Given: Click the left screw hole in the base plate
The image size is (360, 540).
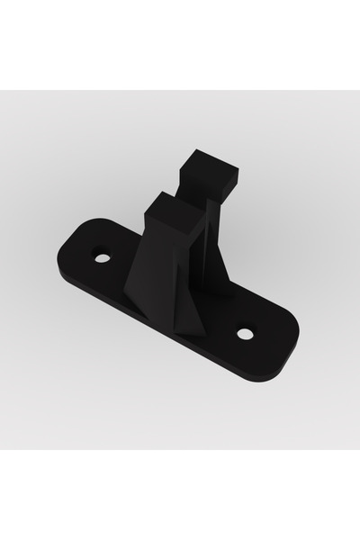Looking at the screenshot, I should click(103, 258).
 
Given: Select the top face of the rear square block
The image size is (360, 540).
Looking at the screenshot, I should click(209, 165).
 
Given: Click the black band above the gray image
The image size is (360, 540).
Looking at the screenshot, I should click(180, 45).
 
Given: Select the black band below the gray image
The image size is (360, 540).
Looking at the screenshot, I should click(180, 495).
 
